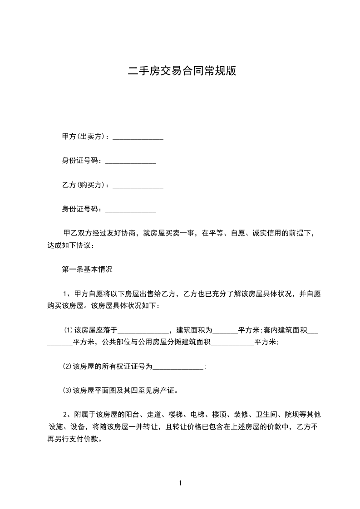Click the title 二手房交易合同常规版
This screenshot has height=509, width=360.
coord(182,71)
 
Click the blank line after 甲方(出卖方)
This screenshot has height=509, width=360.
coord(138,137)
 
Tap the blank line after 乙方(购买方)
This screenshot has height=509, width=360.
coord(138,186)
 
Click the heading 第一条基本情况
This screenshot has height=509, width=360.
coord(87,269)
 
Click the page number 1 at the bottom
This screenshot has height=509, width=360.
coord(180,483)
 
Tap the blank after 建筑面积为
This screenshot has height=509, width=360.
coord(225,330)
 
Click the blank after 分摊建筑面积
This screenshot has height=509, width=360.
coord(233,343)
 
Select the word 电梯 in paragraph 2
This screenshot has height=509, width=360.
coord(197,415)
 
